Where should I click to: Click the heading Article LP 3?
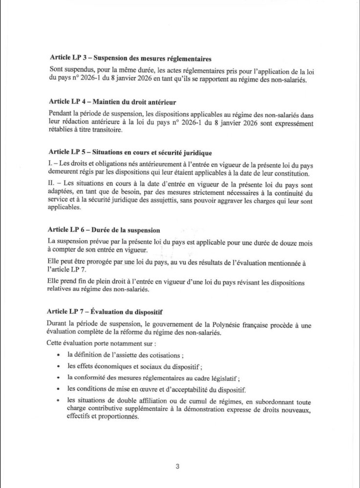coord(122,60)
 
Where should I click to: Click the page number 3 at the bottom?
coord(178,467)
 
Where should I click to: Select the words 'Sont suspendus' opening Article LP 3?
coord(71,71)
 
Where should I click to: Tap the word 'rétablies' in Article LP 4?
coord(62,131)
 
